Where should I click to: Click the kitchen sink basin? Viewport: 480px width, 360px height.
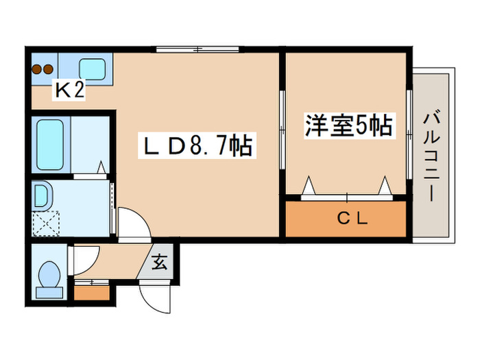coord(91,68)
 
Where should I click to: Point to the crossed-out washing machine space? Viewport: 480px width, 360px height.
coord(47,223)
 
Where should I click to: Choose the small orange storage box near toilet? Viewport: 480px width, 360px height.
coord(91,293)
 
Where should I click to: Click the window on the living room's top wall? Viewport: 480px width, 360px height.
coord(197,49)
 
